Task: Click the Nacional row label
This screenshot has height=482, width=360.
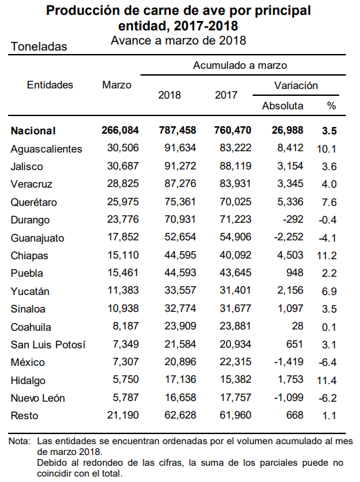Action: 33,131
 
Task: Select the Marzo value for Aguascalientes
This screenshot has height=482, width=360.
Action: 123,148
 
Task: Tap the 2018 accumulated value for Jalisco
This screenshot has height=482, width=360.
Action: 180,166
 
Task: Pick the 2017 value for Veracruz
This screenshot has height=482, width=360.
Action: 236,184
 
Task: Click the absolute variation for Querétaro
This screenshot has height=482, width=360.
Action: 290,202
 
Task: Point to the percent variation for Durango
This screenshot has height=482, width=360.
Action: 328,220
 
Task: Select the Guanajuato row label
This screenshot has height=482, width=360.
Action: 38,238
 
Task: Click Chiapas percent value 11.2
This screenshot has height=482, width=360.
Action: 327,255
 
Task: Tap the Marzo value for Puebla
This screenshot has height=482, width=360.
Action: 123,273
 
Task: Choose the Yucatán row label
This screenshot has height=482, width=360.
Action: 30,291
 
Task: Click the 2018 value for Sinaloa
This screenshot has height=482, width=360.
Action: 180,309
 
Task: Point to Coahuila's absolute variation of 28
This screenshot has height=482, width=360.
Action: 298,326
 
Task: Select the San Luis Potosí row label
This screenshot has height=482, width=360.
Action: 48,344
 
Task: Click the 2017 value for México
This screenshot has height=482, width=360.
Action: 236,362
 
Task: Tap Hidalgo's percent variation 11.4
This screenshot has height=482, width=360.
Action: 327,380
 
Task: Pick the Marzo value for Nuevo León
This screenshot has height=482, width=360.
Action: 126,398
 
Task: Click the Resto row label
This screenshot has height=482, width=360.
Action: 24,416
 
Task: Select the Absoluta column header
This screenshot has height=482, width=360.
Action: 282,106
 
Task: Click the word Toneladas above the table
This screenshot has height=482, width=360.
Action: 39,47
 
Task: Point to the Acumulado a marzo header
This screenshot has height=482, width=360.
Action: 240,65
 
